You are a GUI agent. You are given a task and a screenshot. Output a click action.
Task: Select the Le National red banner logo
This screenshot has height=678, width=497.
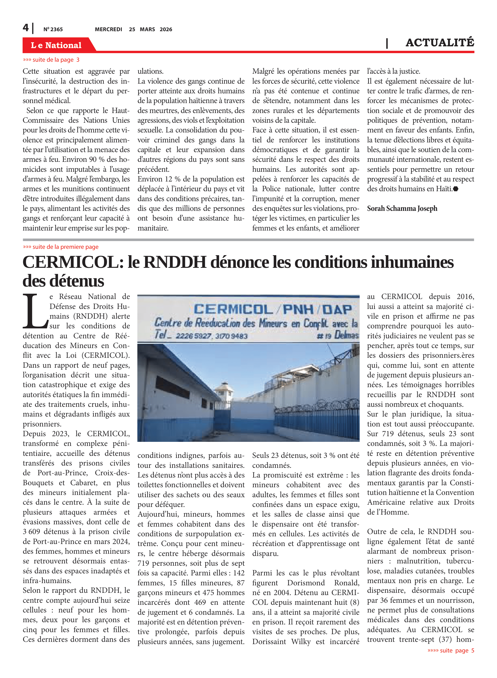tap(56, 45)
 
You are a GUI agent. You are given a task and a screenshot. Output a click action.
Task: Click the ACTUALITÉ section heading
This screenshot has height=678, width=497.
tap(440, 43)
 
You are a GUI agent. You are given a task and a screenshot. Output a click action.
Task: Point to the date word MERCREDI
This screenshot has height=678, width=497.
tap(108, 29)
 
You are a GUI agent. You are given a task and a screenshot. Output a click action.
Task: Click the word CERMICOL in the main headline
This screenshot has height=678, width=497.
tap(71, 262)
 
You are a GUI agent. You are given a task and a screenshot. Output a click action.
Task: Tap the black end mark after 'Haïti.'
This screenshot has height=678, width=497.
tap(456, 189)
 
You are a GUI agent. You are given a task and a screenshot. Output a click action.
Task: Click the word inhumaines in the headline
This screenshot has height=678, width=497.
tap(412, 262)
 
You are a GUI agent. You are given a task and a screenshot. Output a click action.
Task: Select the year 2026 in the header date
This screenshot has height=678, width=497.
tap(166, 29)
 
